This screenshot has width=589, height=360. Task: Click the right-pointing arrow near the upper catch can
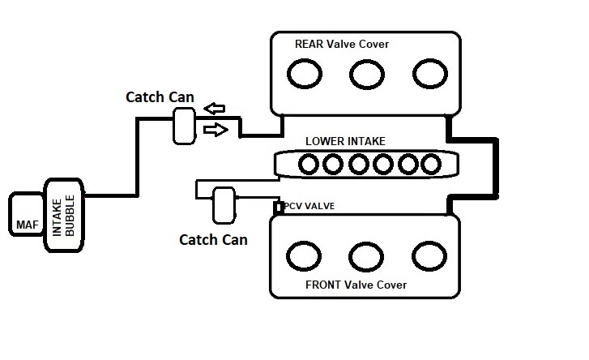coord(216,129)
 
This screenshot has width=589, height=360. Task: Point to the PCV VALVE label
coord(310,206)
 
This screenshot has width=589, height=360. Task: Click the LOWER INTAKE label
coord(344,141)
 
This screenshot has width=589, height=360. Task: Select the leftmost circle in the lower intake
coord(308,165)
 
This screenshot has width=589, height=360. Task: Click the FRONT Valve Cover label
coord(356,285)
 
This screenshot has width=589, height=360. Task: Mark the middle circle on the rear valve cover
coord(366,75)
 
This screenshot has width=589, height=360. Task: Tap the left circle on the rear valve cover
coord(304,75)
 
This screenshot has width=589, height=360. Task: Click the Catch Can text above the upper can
coord(160,96)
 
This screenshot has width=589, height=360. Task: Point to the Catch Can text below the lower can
coord(213,239)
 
